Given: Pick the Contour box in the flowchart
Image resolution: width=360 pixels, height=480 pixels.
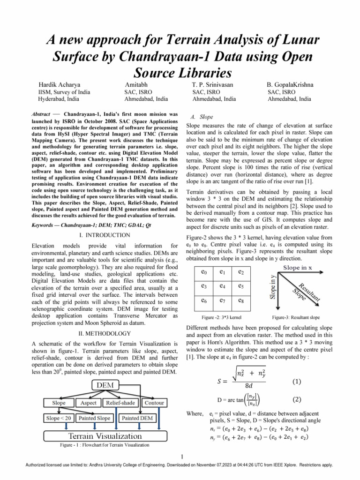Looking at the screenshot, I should click(154, 403).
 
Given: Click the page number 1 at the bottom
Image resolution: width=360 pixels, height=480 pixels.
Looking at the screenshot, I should click(181, 457).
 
